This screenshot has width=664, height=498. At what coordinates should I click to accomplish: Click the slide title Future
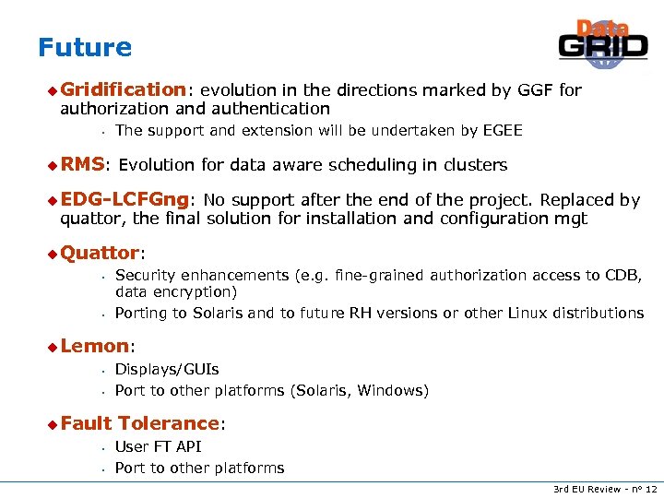click(x=85, y=47)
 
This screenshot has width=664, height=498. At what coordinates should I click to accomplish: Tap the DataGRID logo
click(x=603, y=45)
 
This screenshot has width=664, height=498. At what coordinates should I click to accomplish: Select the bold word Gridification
click(x=123, y=89)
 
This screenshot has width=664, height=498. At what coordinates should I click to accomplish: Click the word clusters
click(x=475, y=165)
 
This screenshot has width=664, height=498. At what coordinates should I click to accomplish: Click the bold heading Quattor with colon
click(x=101, y=253)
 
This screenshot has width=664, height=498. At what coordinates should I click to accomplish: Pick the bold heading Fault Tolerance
click(x=140, y=423)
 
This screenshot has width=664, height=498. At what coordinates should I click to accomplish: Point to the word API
click(x=187, y=447)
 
